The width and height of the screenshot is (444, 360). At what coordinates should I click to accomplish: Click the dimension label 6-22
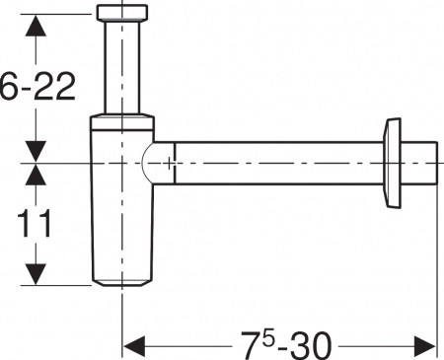37,89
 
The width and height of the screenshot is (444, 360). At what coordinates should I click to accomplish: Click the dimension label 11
37,224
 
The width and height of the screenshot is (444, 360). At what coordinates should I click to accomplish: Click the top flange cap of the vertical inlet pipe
122,14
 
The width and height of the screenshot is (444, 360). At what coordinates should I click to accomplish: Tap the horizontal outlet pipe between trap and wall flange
276,163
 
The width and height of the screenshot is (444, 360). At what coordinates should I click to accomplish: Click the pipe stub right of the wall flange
421,163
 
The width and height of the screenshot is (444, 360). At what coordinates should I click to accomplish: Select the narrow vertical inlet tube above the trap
122,69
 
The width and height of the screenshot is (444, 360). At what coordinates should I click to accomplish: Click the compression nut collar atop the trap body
122,123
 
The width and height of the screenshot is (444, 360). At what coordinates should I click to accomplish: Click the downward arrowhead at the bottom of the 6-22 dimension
37,150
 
